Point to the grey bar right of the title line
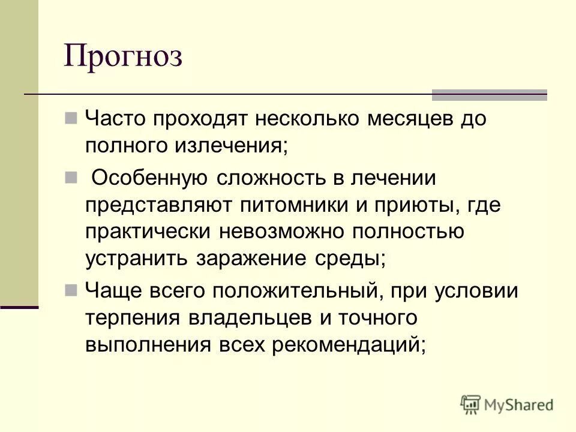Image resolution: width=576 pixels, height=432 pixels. pos(490,94)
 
